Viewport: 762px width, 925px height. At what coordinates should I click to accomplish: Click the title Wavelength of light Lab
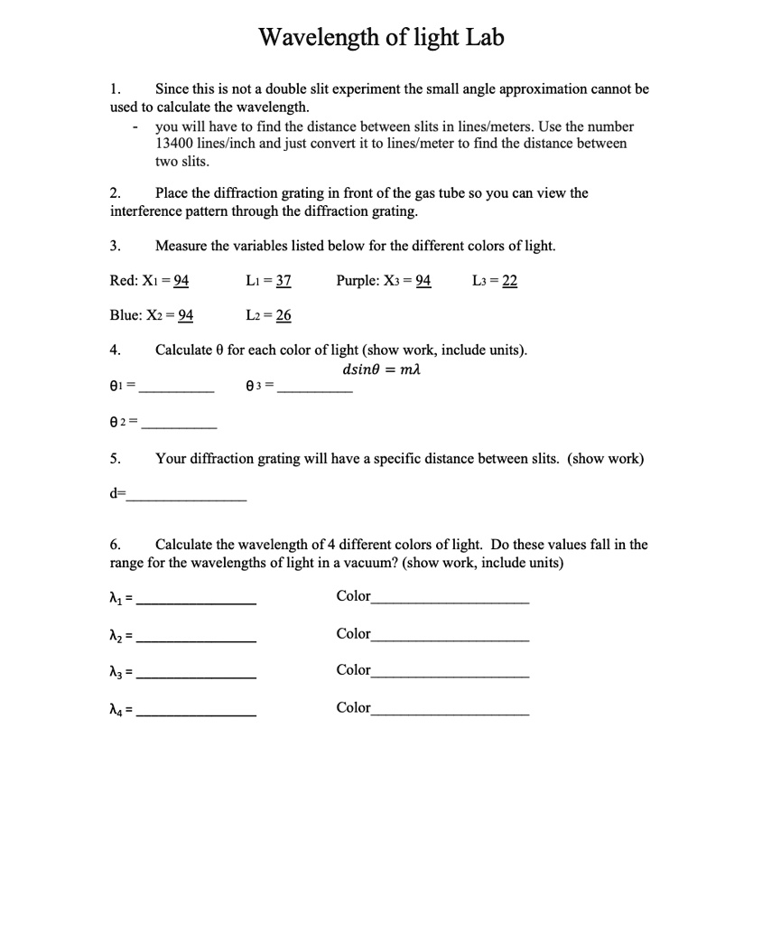(x=381, y=37)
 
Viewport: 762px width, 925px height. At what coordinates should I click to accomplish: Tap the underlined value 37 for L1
(x=283, y=281)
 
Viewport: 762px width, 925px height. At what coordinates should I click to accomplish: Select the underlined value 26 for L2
(x=283, y=315)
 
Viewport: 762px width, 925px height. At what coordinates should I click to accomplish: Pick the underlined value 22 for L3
(x=509, y=281)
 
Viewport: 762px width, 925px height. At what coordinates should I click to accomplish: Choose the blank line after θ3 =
(x=315, y=391)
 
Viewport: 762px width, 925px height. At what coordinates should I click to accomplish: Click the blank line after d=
(x=186, y=499)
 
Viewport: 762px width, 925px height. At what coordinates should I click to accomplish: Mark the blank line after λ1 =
(x=200, y=603)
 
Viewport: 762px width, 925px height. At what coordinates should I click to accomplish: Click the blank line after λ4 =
(x=200, y=715)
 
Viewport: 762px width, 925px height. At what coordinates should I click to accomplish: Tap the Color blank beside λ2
(x=450, y=639)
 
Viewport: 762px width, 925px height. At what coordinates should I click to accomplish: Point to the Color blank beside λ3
(x=450, y=675)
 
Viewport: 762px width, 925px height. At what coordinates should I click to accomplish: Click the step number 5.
(x=115, y=459)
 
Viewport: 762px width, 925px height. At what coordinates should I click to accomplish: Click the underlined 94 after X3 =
(x=423, y=281)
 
